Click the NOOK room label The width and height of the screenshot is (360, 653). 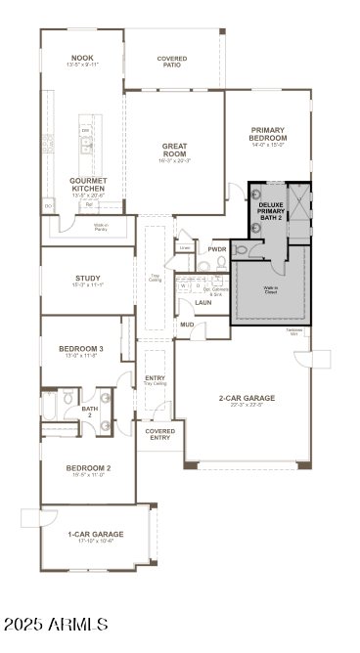coord(83,58)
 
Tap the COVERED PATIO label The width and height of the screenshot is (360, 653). coord(172,62)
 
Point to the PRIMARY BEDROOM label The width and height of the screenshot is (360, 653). coord(267,134)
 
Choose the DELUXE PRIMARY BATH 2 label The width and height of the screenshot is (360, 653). coord(271,210)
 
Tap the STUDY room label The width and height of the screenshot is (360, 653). coord(87,279)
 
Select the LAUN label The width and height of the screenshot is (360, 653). coord(203,302)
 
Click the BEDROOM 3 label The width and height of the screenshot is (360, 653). coord(81,349)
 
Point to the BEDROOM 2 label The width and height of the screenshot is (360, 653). coord(87,468)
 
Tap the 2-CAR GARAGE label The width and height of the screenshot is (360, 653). coord(246,398)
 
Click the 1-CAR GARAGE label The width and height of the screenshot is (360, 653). coord(95,534)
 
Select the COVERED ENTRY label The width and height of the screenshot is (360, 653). coord(159,434)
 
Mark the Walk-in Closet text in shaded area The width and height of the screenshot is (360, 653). coord(270,289)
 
